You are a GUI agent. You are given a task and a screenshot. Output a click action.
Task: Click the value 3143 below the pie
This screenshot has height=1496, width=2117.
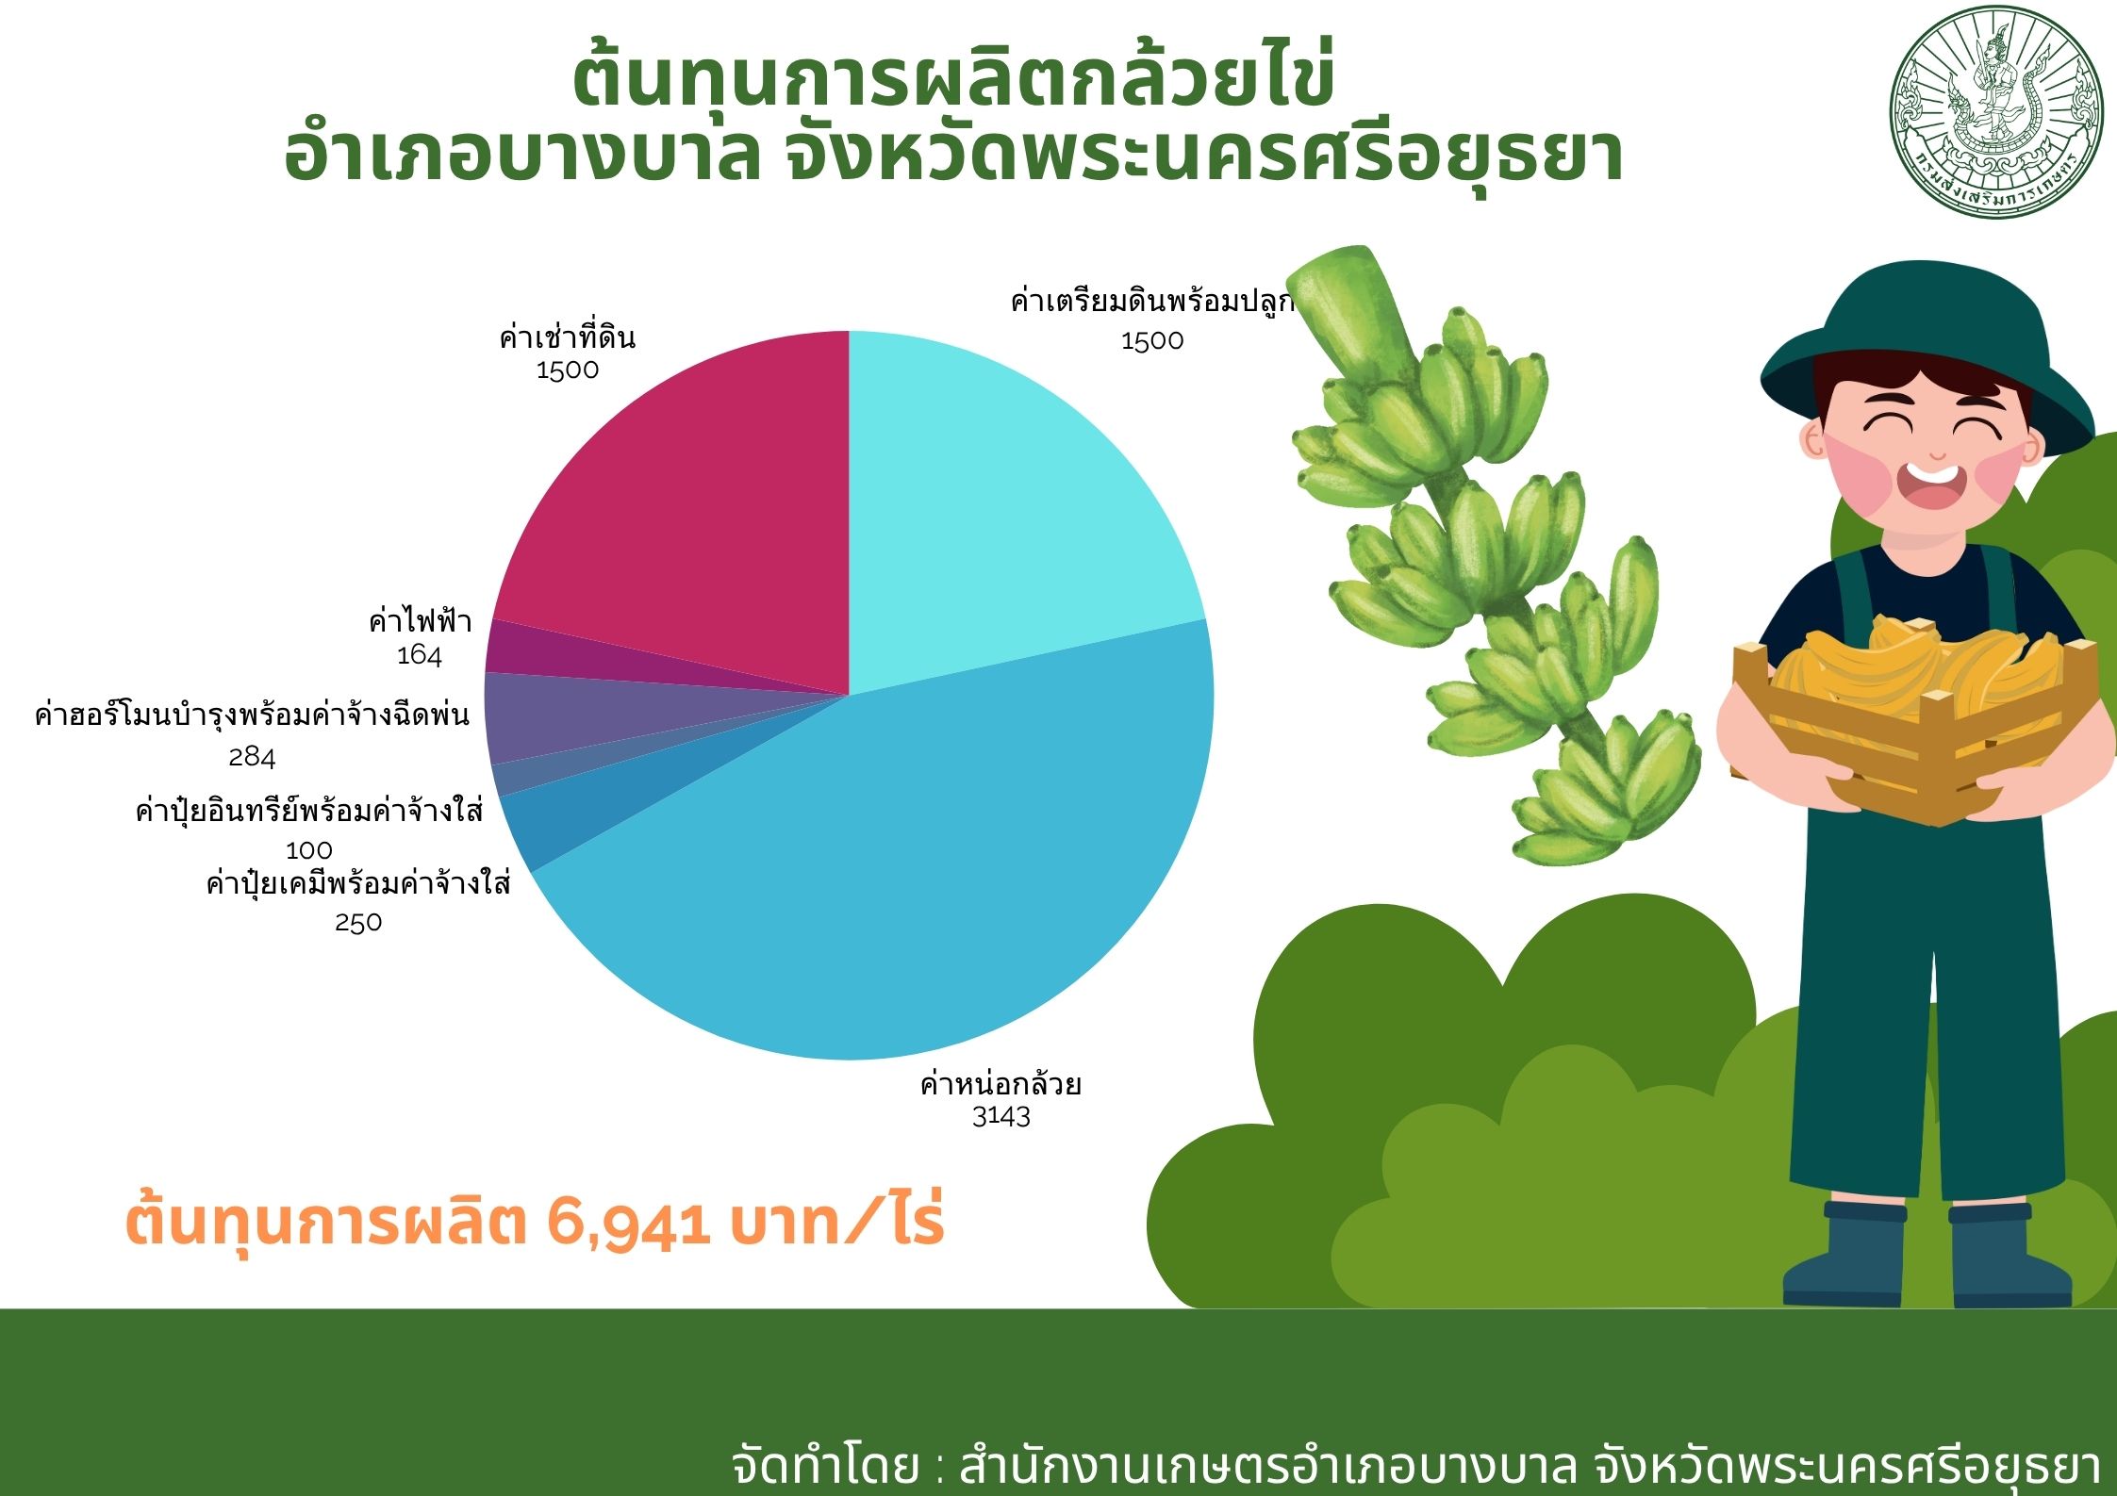coord(1001,1117)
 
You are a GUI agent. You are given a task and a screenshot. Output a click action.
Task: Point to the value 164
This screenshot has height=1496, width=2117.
coord(420,655)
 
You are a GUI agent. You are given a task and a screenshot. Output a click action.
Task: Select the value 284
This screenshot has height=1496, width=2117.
coord(252,757)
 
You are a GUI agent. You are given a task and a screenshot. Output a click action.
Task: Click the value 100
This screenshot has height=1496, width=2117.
coord(309,850)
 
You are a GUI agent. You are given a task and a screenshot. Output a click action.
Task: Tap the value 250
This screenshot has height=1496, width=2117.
coord(358,922)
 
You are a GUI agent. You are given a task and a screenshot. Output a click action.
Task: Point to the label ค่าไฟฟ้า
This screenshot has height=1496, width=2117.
coord(420,620)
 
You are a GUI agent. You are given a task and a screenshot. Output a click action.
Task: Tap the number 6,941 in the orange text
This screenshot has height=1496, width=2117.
coord(627,1223)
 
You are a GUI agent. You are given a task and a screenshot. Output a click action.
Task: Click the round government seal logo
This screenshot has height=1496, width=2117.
coord(1997,113)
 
